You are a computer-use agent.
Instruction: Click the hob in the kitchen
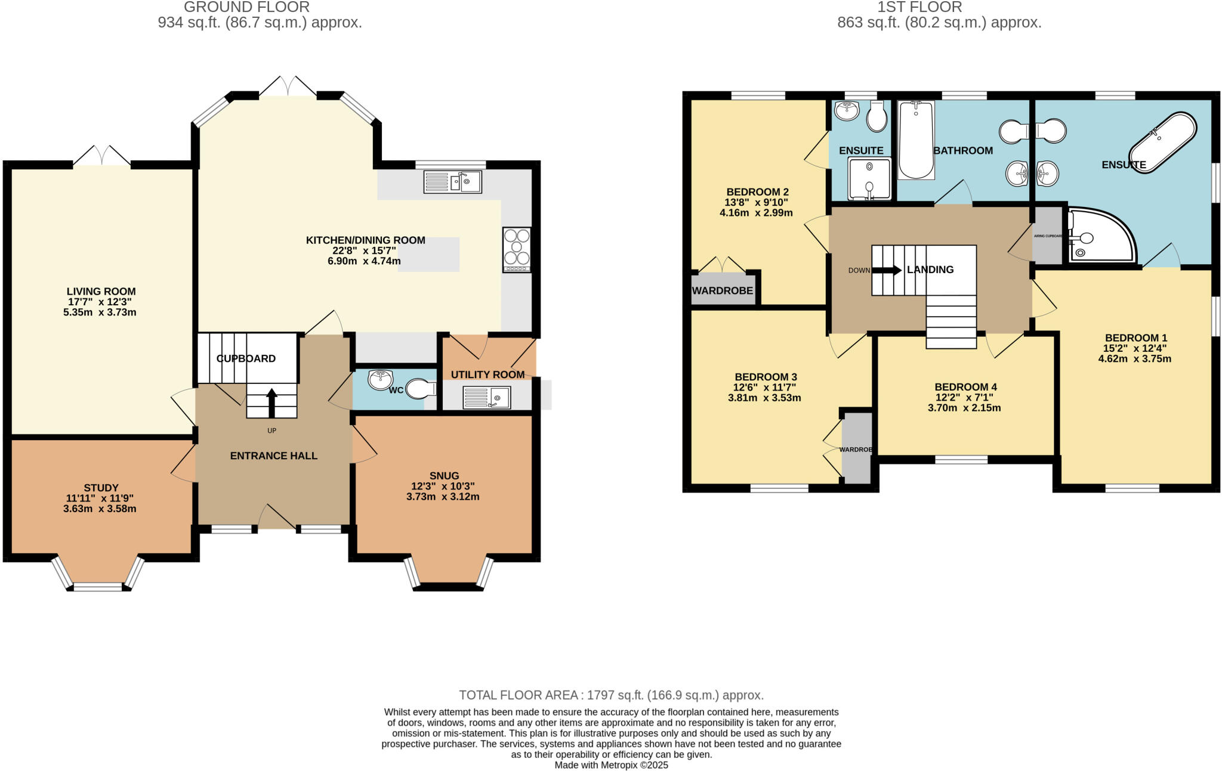point(517,250)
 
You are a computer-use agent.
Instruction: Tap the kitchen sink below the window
point(453,182)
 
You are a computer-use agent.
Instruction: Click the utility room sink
point(487,398)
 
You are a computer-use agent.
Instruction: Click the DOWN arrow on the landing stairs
point(887,270)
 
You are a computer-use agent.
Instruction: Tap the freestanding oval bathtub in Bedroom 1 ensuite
point(1163,143)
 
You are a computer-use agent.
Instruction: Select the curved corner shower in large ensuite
point(1099,236)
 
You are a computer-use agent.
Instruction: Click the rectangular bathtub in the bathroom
point(916,140)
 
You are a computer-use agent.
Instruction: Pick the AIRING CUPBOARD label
point(1048,236)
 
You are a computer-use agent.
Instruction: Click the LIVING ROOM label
point(101,292)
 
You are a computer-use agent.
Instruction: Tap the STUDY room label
point(101,488)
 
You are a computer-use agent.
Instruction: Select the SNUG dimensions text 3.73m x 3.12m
point(443,497)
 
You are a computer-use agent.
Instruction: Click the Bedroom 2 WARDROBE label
point(722,291)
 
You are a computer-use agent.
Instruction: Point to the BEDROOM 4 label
point(965,387)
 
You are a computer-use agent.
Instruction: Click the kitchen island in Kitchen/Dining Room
point(428,255)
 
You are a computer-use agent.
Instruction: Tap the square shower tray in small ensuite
point(869,178)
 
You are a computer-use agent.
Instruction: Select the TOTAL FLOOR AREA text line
point(611,695)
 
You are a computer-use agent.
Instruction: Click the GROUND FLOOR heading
point(246,7)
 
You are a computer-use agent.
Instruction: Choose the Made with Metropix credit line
point(611,765)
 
